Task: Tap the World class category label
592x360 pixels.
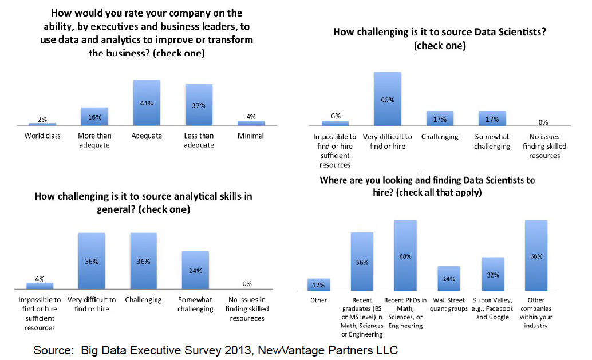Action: [x=42, y=136]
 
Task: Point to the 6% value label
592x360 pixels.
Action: [x=336, y=116]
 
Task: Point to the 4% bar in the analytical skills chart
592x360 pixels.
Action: [x=40, y=285]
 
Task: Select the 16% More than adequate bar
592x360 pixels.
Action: [x=94, y=116]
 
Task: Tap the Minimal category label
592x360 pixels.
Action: [x=251, y=136]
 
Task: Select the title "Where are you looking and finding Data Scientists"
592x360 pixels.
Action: [x=427, y=180]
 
